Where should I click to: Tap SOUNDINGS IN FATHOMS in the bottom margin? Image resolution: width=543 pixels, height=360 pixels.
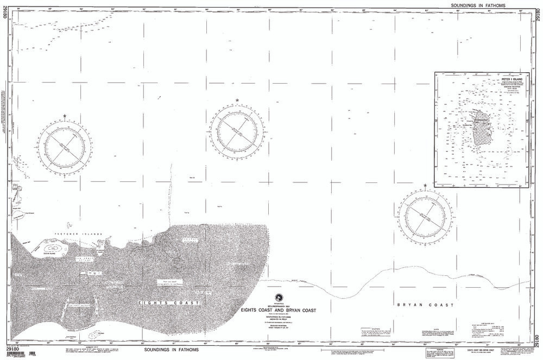click(172, 350)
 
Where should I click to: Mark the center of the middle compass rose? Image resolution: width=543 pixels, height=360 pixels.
click(237, 130)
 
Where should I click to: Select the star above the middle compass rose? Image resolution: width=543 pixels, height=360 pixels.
click(237, 100)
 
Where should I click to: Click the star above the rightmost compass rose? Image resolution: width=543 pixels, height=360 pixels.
click(425, 186)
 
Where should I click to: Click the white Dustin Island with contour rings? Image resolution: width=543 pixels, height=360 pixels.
click(53, 249)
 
